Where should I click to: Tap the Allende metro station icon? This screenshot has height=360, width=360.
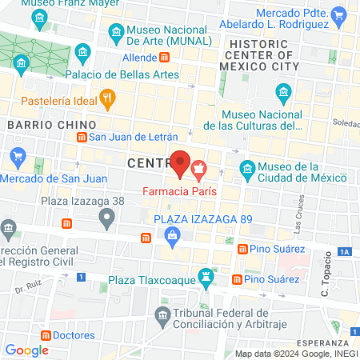pos(165,58)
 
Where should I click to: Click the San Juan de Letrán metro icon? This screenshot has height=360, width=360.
pos(81,137)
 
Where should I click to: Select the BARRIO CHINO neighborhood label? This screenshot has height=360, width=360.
pos(51,125)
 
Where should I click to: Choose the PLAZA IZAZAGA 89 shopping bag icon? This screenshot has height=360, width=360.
pos(171,235)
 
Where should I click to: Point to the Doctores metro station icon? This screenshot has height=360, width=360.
pos(46,335)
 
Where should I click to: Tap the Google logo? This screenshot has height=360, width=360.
pos(26,350)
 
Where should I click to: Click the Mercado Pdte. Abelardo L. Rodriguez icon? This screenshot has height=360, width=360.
pos(340,15)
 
